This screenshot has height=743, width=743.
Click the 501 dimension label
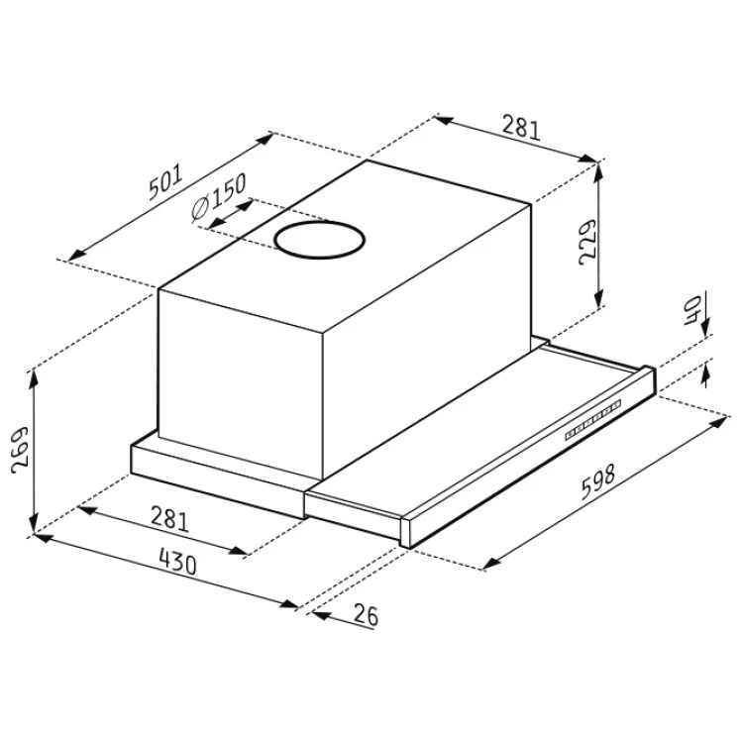165,182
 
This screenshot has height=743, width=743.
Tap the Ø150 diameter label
219,196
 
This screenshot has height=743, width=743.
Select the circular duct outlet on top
320,240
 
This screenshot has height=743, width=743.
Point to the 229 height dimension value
587,242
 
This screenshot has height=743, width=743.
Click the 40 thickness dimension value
692,310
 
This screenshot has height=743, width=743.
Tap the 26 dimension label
366,615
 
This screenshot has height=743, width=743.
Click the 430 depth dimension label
177,562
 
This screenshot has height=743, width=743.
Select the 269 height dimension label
20,450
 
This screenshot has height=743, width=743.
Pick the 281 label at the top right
521,127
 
